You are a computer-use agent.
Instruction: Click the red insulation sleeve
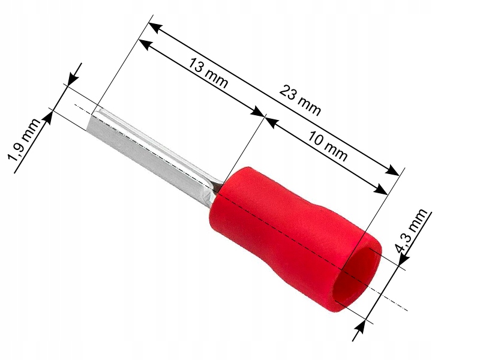[x=282, y=228]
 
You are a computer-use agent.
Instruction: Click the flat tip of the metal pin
[x=95, y=122]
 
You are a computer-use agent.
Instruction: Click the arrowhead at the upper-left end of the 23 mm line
[x=154, y=27]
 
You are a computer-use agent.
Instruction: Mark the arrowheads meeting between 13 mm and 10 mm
[x=263, y=117]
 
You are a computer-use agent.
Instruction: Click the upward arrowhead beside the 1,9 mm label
[x=49, y=116]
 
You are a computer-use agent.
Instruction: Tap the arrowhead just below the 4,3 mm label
[x=403, y=257]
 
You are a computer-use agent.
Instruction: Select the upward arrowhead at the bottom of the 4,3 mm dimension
[x=361, y=327]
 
